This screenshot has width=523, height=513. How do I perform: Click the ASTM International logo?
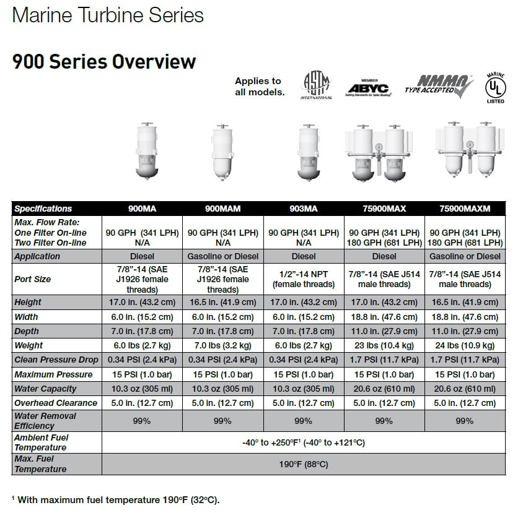[317, 85]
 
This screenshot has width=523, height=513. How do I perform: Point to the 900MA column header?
[142, 209]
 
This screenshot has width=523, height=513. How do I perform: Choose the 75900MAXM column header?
[465, 209]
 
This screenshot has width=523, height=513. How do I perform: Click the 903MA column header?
[304, 209]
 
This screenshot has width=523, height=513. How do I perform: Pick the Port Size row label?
[32, 279]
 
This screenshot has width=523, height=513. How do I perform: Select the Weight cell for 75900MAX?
[384, 345]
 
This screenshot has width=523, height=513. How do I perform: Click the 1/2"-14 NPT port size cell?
[304, 279]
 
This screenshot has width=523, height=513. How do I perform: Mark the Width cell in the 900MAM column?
[222, 316]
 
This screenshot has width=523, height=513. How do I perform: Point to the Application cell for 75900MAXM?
[465, 256]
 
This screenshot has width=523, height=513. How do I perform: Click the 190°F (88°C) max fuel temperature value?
[303, 464]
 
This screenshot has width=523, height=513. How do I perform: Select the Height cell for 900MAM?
[222, 302]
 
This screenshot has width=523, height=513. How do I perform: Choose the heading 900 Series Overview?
[104, 62]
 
